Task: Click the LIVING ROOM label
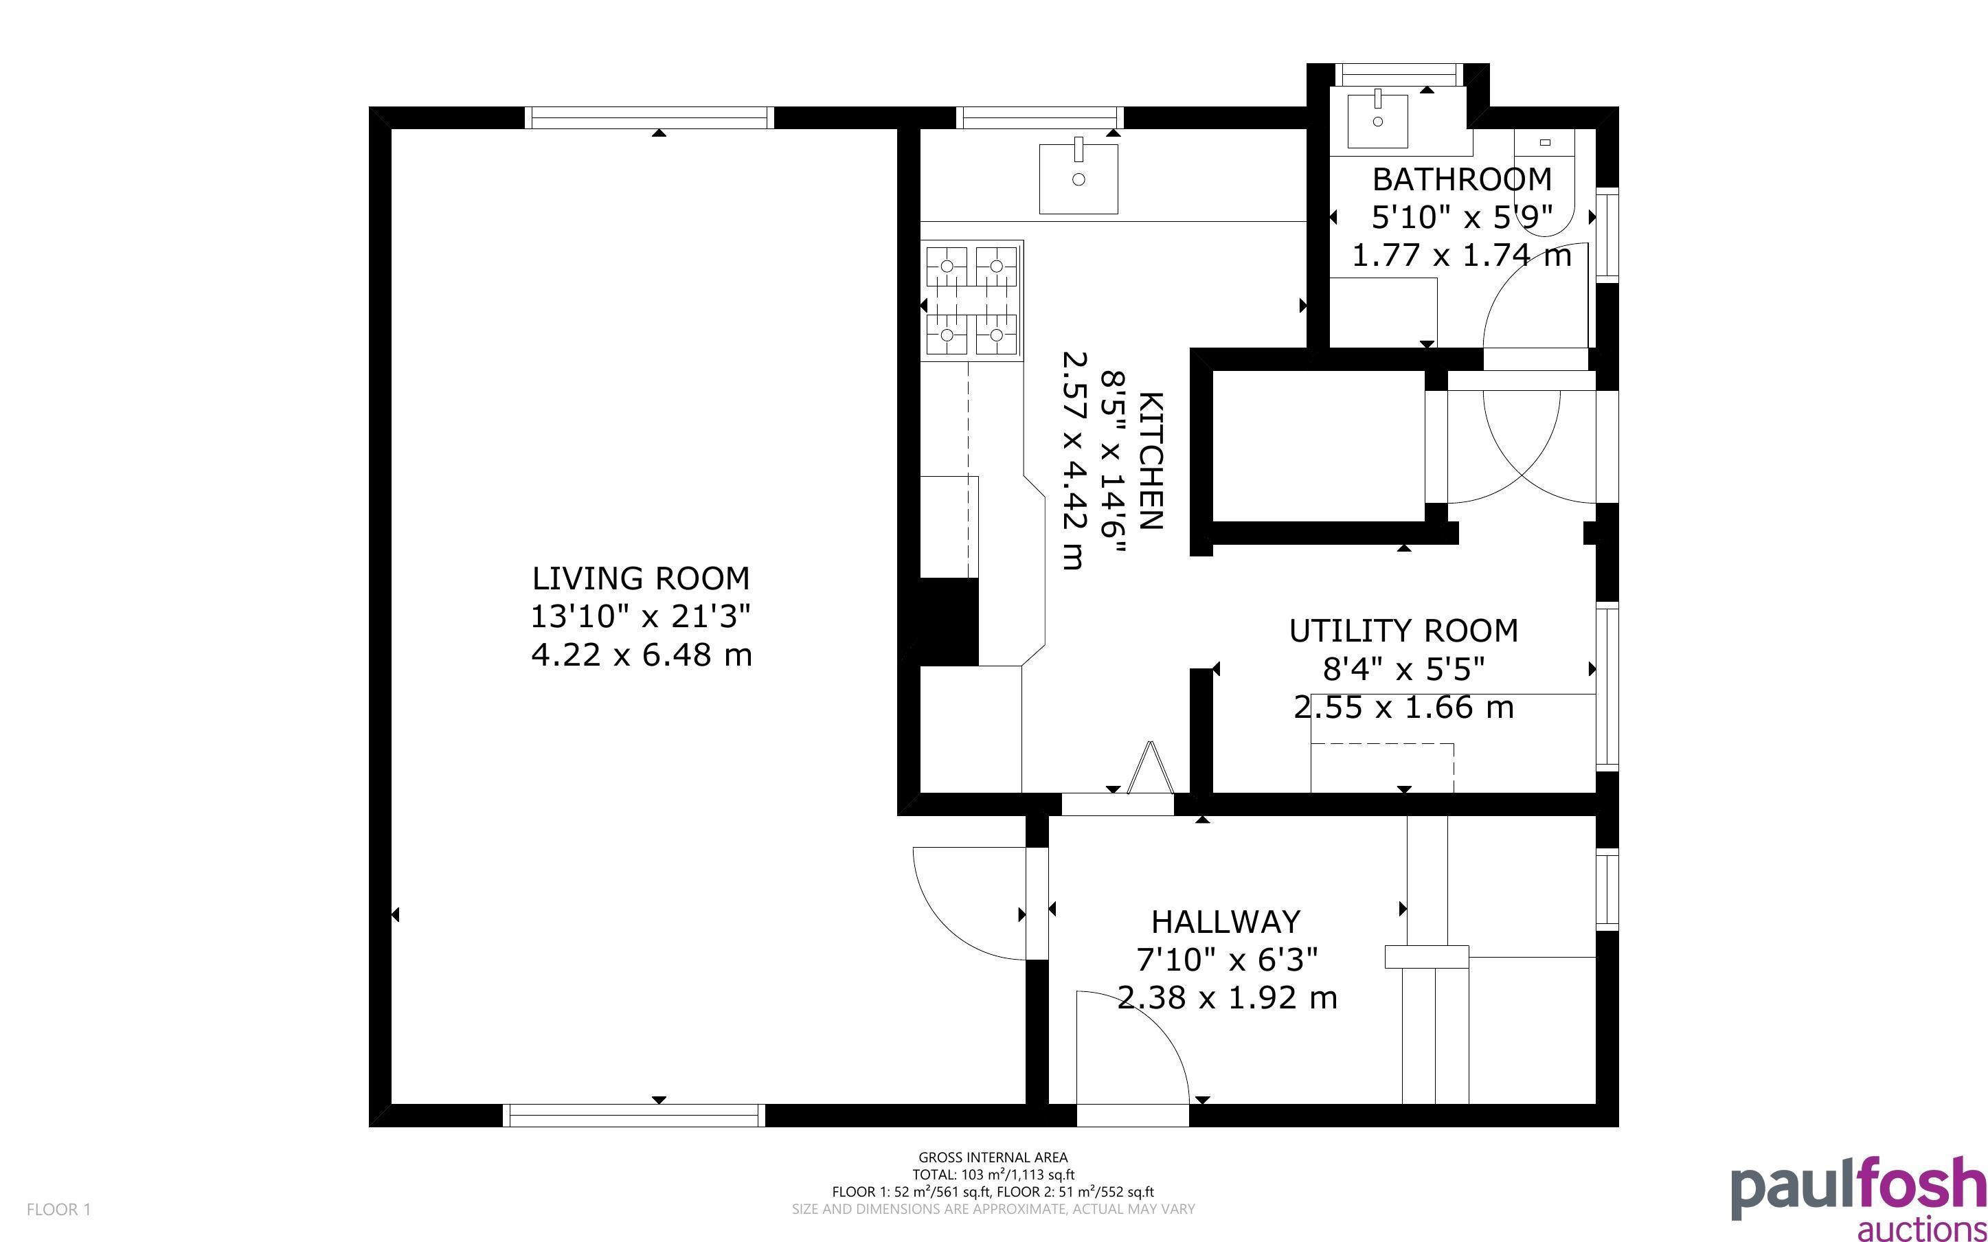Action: (x=640, y=578)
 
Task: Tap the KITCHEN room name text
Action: (x=1151, y=461)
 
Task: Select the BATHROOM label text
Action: (x=1462, y=179)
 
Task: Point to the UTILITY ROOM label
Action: (x=1403, y=631)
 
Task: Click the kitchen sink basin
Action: (x=1078, y=178)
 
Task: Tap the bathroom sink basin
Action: (x=1378, y=122)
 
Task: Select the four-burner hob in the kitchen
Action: (x=971, y=301)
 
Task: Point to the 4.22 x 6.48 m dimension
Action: (x=642, y=655)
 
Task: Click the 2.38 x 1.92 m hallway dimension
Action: (x=1227, y=998)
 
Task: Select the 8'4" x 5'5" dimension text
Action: (x=1403, y=670)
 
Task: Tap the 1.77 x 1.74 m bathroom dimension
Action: (x=1462, y=256)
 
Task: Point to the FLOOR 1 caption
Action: (x=59, y=1209)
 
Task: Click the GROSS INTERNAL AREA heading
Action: (x=993, y=1158)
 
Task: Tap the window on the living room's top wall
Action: (x=648, y=117)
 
